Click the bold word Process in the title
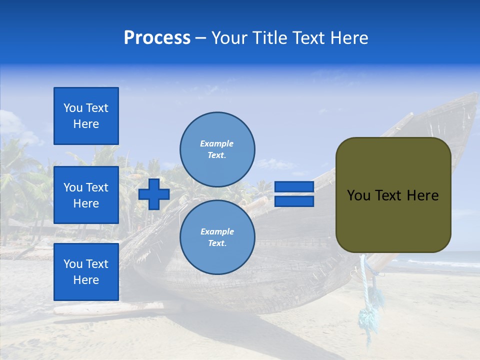click(157, 38)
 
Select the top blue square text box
click(86, 116)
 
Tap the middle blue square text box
click(86, 195)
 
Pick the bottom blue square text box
click(86, 272)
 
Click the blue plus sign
click(154, 194)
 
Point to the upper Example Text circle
click(217, 149)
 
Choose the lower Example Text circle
click(217, 237)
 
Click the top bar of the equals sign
click(294, 187)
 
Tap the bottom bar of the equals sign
click(294, 201)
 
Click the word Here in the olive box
click(422, 195)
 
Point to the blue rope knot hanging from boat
click(367, 318)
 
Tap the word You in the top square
click(73, 108)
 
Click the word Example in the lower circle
click(217, 231)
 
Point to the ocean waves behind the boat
click(440, 262)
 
